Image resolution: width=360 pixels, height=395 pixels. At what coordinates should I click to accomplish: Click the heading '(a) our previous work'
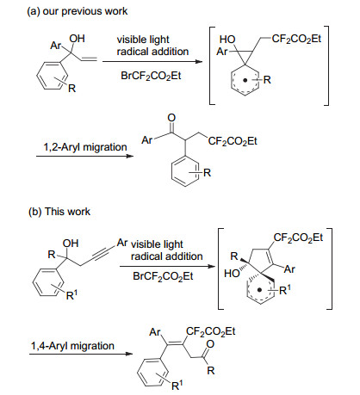coord(77,11)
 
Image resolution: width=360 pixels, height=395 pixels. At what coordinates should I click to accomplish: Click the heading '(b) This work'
coord(59,212)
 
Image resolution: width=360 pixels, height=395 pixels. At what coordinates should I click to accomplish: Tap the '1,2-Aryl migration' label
coord(85,147)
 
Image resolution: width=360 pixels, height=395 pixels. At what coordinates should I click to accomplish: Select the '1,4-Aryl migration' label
coord(72,346)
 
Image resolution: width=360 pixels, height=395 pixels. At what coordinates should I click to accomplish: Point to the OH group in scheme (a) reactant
coord(77,39)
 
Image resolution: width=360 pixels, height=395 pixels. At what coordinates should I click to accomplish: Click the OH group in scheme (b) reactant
coord(71,244)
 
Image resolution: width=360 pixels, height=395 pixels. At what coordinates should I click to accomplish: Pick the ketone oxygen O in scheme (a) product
coord(171,118)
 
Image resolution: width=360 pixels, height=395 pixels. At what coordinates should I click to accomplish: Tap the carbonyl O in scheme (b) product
coord(210,344)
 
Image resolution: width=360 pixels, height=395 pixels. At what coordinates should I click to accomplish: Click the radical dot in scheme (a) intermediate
coord(245,81)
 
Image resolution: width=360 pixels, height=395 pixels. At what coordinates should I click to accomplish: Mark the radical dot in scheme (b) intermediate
coord(259,290)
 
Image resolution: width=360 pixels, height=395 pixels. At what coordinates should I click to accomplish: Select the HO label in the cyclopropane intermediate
coord(227,40)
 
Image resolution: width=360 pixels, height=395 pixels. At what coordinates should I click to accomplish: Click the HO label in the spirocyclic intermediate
coord(232,274)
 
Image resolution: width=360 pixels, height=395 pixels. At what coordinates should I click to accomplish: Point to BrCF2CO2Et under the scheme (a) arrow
coord(151,76)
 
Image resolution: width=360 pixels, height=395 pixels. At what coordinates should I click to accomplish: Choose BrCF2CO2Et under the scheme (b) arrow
coord(163,276)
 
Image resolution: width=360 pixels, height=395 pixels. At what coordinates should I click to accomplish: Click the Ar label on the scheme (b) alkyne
coord(122,243)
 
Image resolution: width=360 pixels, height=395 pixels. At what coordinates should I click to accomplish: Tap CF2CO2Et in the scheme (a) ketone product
coord(233,141)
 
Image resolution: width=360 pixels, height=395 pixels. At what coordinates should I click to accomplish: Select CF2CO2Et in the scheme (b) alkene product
coord(210,331)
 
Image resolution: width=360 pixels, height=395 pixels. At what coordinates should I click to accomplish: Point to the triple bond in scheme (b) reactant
coord(102,254)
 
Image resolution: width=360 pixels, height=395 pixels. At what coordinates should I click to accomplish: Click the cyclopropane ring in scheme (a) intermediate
coord(249,52)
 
